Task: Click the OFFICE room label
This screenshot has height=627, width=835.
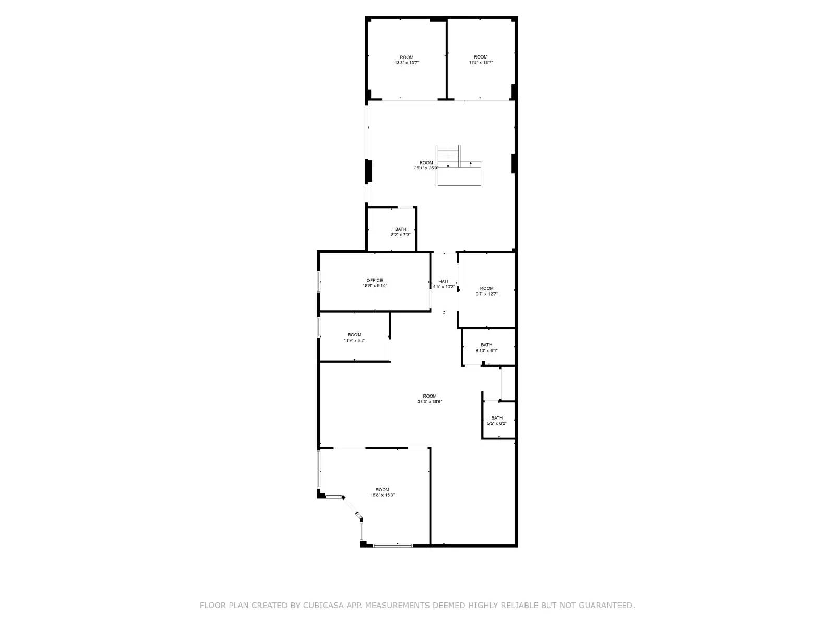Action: [x=375, y=281]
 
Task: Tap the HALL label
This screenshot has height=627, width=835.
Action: [x=444, y=282]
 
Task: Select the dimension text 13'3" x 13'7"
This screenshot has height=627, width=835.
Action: [x=407, y=63]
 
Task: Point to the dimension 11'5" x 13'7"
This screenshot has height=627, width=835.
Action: [x=481, y=62]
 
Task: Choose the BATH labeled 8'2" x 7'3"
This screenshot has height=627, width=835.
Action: [x=401, y=229]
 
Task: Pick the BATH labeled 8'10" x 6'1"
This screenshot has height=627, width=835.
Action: [x=486, y=345]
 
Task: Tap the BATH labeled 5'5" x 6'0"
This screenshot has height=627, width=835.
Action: [x=497, y=418]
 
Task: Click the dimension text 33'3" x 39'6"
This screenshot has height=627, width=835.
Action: [x=430, y=402]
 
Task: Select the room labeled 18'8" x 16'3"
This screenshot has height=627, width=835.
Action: [x=383, y=490]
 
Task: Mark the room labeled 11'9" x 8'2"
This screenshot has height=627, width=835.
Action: [x=354, y=335]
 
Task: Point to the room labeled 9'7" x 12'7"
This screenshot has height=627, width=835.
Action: [x=486, y=288]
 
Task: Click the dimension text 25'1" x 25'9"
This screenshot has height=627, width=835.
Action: [x=426, y=168]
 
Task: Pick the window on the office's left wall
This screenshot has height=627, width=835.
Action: [x=319, y=281]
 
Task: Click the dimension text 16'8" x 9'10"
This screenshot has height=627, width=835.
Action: [x=375, y=286]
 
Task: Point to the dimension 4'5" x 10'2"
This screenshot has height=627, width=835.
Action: [x=444, y=287]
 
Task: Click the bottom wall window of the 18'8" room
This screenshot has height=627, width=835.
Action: [x=392, y=545]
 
